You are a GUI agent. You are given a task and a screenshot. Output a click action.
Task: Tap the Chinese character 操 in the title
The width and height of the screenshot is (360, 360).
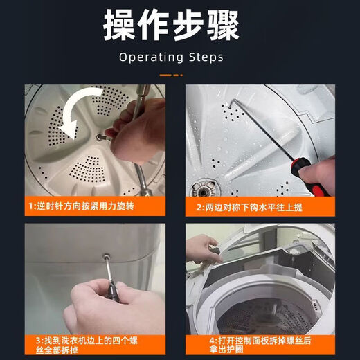coord(120,27)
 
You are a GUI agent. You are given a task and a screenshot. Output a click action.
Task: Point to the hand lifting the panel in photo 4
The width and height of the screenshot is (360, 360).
coord(201,248)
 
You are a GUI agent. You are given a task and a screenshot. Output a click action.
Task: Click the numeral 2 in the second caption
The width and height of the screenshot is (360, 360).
coord(198,206)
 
